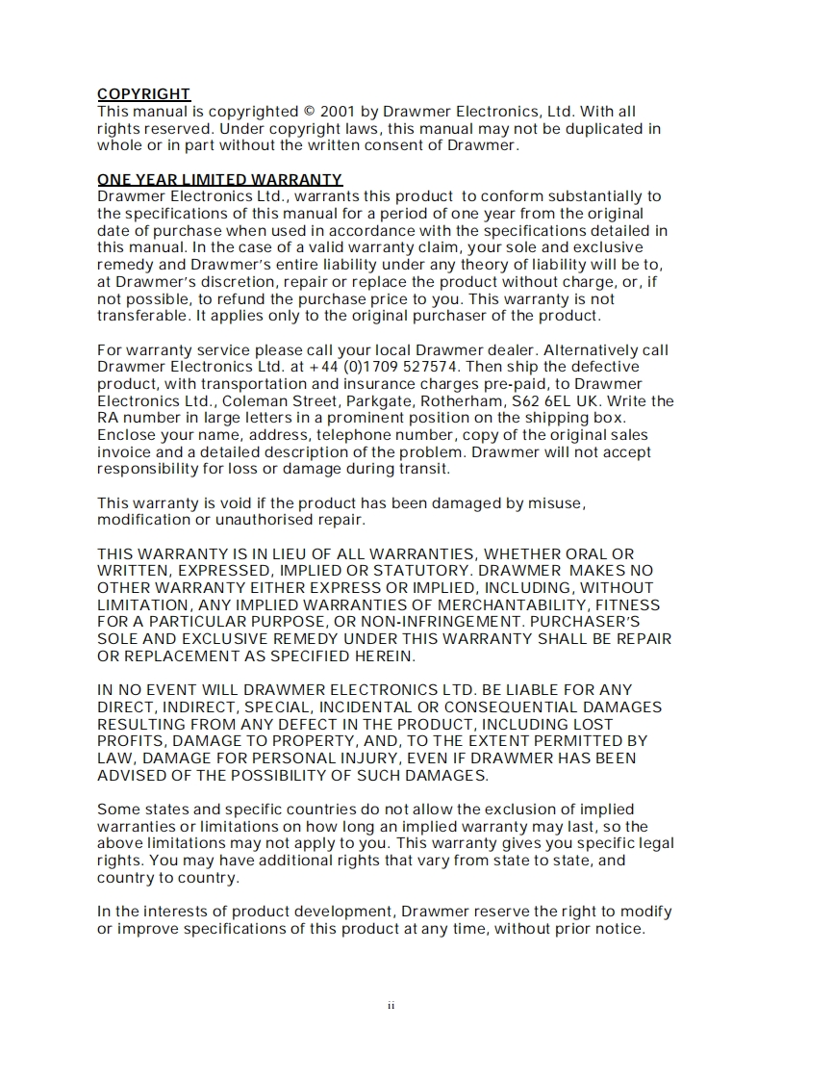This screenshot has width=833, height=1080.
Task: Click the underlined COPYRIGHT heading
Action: pos(143,94)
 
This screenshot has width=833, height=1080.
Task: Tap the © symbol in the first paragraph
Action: pos(308,112)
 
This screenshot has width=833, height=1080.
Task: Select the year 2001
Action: pos(340,112)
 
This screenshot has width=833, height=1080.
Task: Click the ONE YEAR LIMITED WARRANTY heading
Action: pos(219,180)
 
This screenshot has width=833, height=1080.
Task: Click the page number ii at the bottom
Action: pos(391,1007)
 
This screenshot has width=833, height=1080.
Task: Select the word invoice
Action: pos(125,452)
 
